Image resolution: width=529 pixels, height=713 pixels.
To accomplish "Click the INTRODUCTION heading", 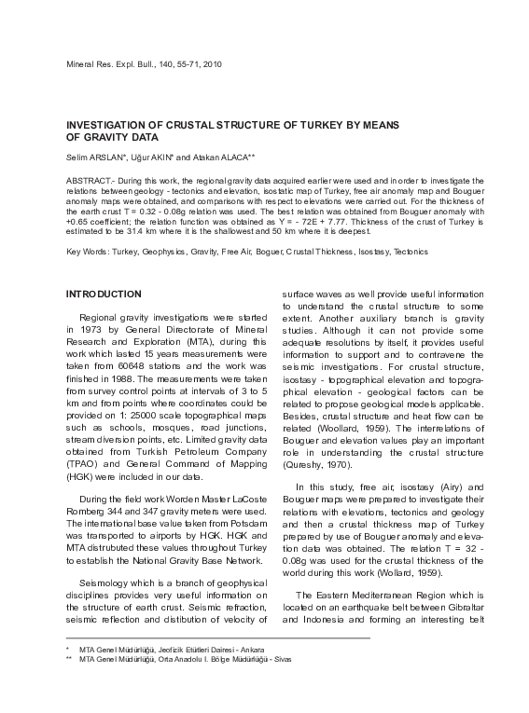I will click(x=104, y=294).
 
